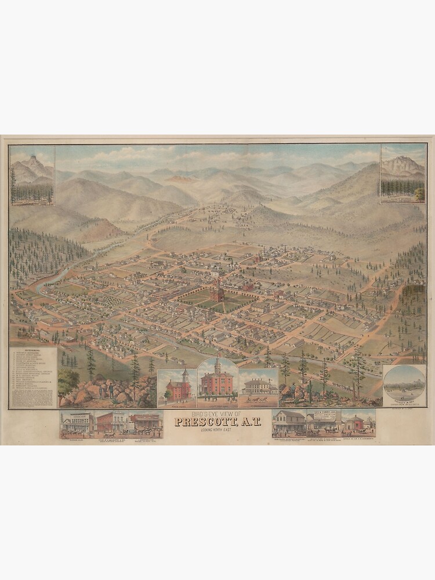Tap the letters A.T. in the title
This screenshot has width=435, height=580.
point(246,421)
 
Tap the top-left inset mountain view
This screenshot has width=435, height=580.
point(32,175)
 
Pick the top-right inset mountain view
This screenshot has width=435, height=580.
point(403,173)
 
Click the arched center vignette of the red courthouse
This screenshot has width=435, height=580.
point(217,383)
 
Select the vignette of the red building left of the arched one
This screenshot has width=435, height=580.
point(177,387)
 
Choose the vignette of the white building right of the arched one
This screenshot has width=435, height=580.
point(259,387)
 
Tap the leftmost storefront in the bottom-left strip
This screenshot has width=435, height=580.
point(78,423)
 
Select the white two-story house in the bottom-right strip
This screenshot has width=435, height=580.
point(289,423)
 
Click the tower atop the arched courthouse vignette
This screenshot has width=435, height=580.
point(217,365)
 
